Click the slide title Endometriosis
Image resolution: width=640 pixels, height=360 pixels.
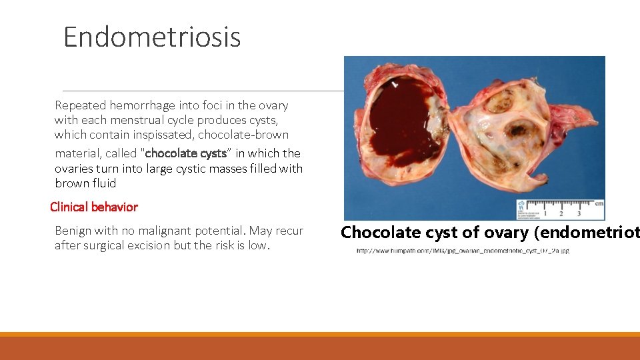(152, 37)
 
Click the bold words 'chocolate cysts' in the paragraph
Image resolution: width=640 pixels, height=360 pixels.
(186, 153)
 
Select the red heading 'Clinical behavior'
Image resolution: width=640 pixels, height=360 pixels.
(94, 207)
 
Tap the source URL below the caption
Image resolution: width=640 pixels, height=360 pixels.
(463, 251)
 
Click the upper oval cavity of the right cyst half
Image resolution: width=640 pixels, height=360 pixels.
(499, 101)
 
